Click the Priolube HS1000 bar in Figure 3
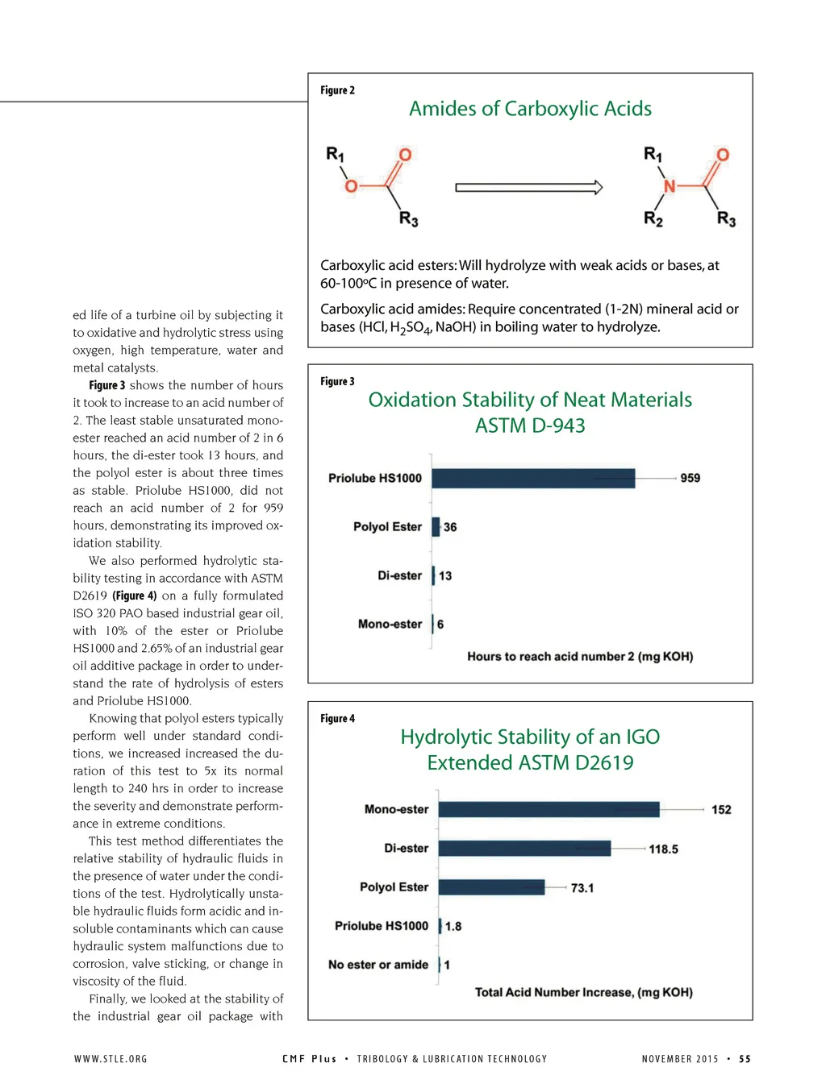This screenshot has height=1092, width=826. [533, 478]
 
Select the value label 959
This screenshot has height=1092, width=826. [690, 478]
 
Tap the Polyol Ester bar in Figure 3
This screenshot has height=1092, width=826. [436, 527]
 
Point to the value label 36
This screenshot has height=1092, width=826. [450, 527]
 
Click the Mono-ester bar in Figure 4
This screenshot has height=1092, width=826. [549, 809]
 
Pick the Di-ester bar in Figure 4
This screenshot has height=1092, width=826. [524, 848]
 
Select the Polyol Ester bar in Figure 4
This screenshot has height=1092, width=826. [491, 887]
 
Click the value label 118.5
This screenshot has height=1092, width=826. [663, 849]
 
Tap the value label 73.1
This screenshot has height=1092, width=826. [582, 888]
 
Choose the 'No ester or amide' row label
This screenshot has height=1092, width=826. [378, 965]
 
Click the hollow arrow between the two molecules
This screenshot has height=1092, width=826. [528, 188]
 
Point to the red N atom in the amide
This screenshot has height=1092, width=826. [669, 186]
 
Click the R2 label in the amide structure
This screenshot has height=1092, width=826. [653, 219]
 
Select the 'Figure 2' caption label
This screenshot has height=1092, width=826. [337, 90]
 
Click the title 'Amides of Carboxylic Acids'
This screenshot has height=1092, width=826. [530, 109]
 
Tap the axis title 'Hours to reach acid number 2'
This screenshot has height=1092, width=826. [580, 656]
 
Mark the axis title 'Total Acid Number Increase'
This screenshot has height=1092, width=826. [583, 992]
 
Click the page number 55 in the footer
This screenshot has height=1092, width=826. [745, 1059]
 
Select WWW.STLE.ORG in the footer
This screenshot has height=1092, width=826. [111, 1059]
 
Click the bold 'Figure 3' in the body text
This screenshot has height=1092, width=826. [106, 385]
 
